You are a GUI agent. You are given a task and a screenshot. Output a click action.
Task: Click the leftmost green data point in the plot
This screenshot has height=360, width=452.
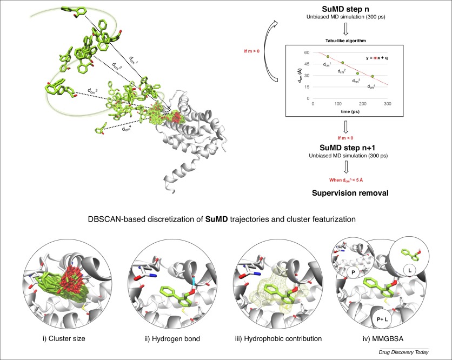click(x=328, y=57)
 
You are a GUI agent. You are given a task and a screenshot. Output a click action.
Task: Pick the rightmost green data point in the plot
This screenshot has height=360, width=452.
click(x=373, y=77)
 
